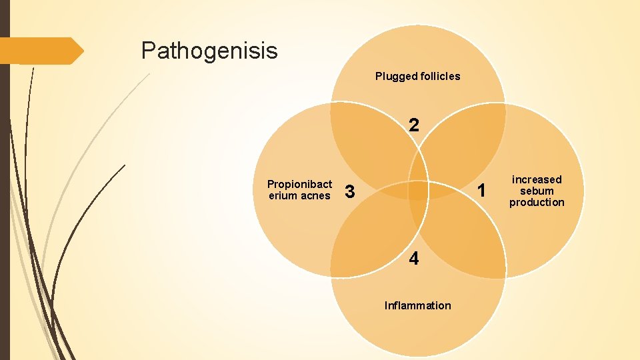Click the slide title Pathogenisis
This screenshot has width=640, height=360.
[x=209, y=50]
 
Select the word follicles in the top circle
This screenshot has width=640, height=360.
[x=439, y=76]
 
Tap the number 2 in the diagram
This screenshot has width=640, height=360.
[x=414, y=125]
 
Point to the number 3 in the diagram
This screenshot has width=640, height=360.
[x=349, y=193]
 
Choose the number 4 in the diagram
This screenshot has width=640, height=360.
[x=414, y=259]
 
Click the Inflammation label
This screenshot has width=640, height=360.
[x=417, y=305]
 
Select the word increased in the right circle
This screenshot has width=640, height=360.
[x=537, y=179]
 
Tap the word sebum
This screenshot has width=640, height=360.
[x=537, y=191]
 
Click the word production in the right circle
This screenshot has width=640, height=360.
[x=537, y=202]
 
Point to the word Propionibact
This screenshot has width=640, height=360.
[x=299, y=184]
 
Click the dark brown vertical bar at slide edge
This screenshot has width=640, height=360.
[x=5, y=180]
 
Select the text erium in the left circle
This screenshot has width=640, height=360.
[x=283, y=195]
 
